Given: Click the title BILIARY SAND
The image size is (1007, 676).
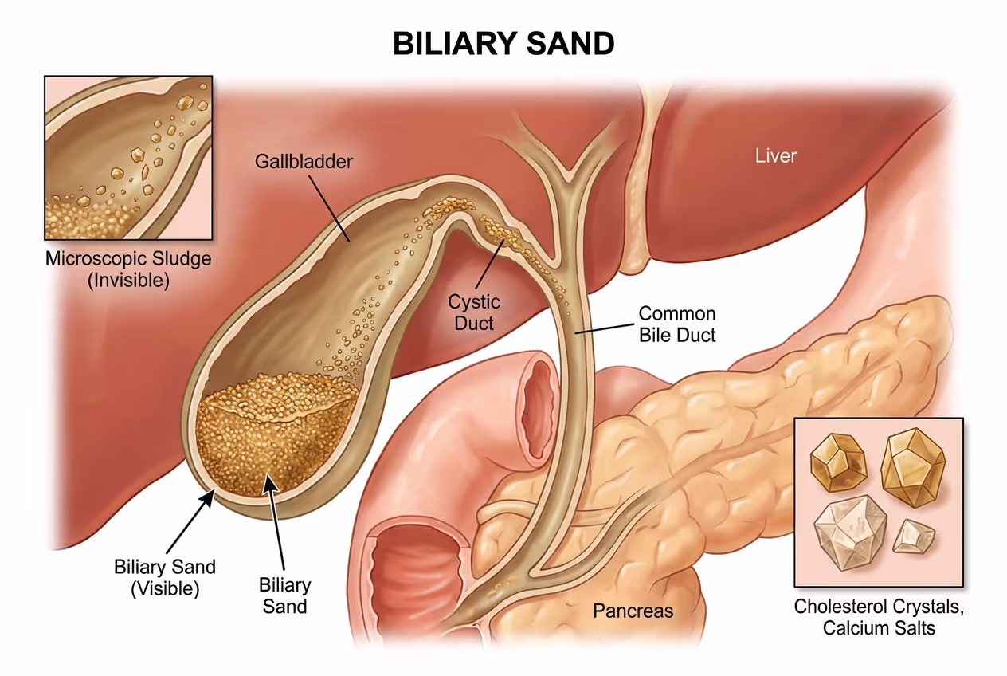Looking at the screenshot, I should click(x=503, y=43).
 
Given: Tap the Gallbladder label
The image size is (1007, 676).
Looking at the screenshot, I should click(x=304, y=162).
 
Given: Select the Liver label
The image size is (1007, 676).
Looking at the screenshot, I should click(x=775, y=155).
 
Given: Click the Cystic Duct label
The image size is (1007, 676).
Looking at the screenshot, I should click(x=474, y=312).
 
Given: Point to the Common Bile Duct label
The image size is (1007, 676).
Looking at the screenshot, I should click(x=677, y=324).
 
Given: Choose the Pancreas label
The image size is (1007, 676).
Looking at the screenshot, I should click(x=633, y=611).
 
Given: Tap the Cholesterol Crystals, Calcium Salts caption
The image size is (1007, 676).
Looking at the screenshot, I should click(x=879, y=617).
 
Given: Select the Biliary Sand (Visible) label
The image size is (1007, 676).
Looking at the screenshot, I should click(x=164, y=578).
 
